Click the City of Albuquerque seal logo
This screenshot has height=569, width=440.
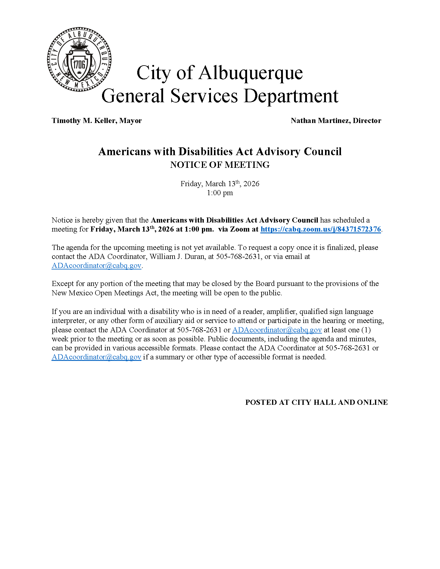pyautogui.click(x=79, y=60)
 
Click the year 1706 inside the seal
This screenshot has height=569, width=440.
pyautogui.click(x=79, y=64)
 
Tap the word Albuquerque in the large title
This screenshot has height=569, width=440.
pyautogui.click(x=250, y=73)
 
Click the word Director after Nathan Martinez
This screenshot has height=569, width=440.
pyautogui.click(x=367, y=121)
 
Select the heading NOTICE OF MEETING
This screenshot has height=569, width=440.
pyautogui.click(x=220, y=165)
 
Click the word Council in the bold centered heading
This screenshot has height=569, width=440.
pyautogui.click(x=323, y=152)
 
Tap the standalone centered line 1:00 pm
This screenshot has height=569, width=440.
pyautogui.click(x=220, y=193)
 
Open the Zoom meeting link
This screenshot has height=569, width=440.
pyautogui.click(x=321, y=229)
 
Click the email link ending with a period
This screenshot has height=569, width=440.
pyautogui.click(x=96, y=266)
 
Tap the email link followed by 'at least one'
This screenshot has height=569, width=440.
pyautogui.click(x=277, y=330)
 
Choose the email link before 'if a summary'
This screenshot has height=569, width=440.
pyautogui.click(x=96, y=357)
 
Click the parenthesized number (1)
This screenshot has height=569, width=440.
pyautogui.click(x=366, y=330)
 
